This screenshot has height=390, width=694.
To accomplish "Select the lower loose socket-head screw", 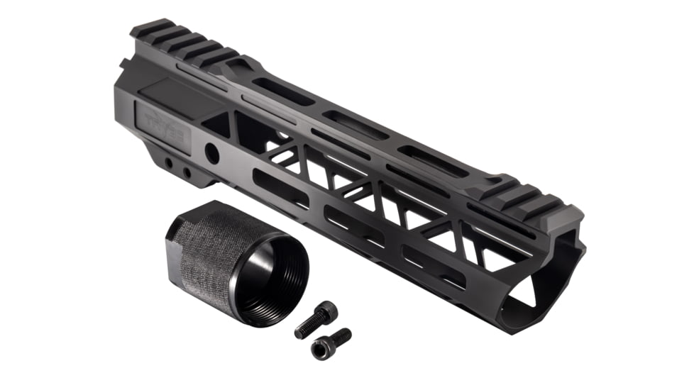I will pos(331,342).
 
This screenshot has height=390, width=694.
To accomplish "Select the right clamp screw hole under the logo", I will pos(187,172).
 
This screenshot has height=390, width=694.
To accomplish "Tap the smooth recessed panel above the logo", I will pos(170,96).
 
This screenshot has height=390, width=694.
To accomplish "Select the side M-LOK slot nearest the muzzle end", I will pos(433,266).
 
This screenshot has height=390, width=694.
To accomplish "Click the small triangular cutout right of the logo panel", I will pos(220,126).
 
